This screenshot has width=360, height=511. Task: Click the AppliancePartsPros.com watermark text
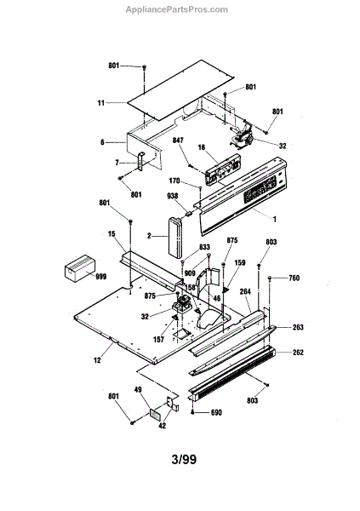(x=177, y=9)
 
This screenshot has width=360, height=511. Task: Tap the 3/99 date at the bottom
(x=184, y=459)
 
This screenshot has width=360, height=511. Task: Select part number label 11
(x=101, y=103)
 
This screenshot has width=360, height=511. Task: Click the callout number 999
(x=101, y=277)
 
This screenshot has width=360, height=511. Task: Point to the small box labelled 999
(x=80, y=268)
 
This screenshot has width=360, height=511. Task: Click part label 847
(x=178, y=141)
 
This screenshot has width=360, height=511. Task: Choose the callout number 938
(x=173, y=196)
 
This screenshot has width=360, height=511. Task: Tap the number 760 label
(x=294, y=278)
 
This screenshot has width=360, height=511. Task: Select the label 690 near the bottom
(x=216, y=412)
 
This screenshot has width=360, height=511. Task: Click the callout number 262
(x=298, y=353)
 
